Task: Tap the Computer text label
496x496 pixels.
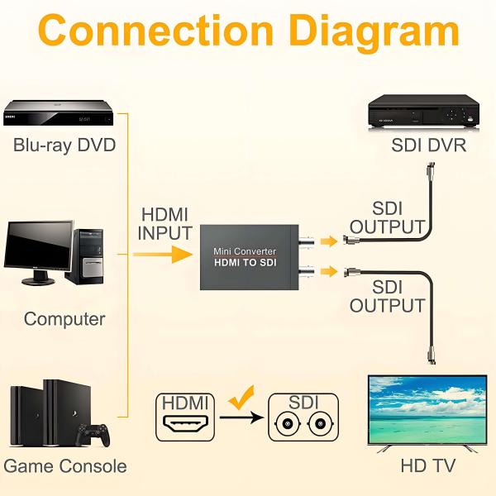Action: (64, 319)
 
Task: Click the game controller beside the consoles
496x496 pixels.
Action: (93, 433)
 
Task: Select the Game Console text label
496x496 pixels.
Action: (65, 466)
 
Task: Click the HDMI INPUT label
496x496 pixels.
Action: (165, 223)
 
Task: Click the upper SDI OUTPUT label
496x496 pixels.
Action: (387, 217)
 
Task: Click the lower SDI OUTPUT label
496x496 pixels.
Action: (387, 297)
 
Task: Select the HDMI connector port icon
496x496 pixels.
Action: (185, 427)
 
